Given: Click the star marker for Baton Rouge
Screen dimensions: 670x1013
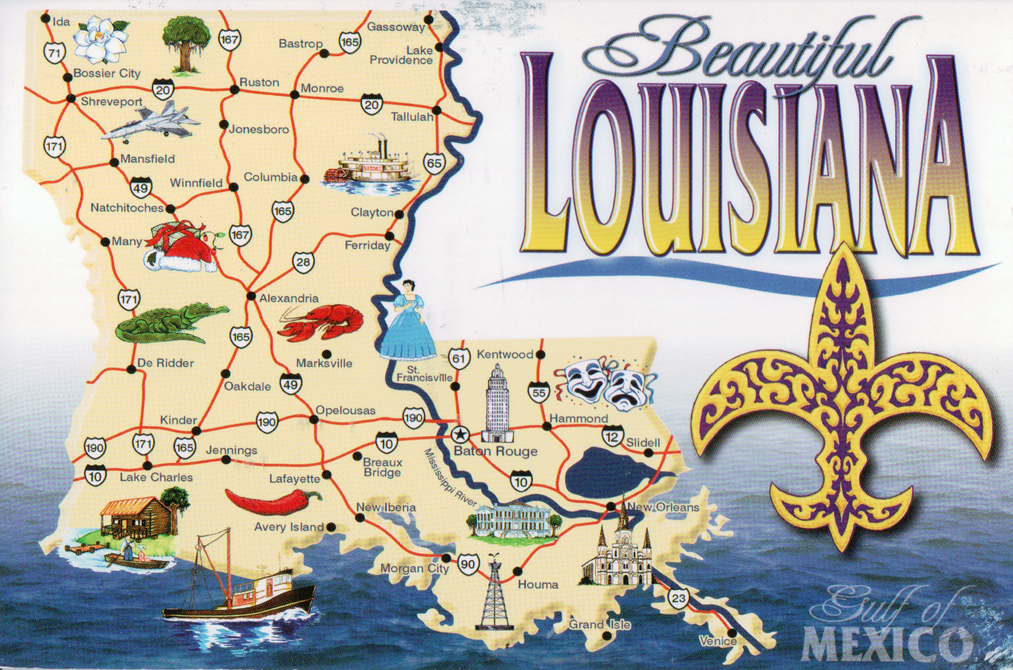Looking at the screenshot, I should [x=458, y=433].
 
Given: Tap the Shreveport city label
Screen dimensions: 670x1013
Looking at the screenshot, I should [x=112, y=102].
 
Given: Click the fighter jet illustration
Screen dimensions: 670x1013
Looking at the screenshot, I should [x=151, y=121].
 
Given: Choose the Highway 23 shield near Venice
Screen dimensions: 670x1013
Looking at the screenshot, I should [x=678, y=599].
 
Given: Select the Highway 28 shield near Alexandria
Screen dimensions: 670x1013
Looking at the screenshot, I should [x=303, y=262].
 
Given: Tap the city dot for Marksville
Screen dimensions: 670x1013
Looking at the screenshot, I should [x=327, y=353].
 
